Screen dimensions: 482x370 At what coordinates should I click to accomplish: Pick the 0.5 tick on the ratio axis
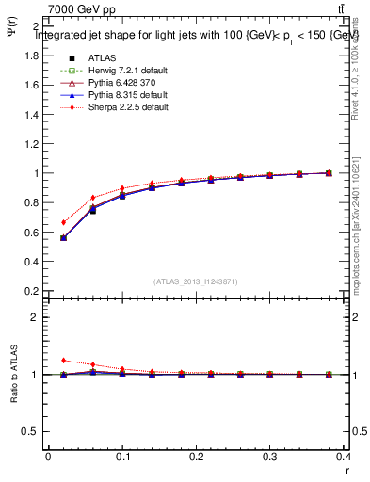[32, 431]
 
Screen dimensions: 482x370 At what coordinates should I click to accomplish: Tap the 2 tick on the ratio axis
[36, 317]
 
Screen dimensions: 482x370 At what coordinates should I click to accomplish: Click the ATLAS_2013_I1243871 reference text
[196, 282]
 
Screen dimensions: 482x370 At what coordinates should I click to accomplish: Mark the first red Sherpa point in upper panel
[63, 222]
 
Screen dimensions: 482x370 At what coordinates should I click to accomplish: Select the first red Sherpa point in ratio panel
[63, 360]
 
